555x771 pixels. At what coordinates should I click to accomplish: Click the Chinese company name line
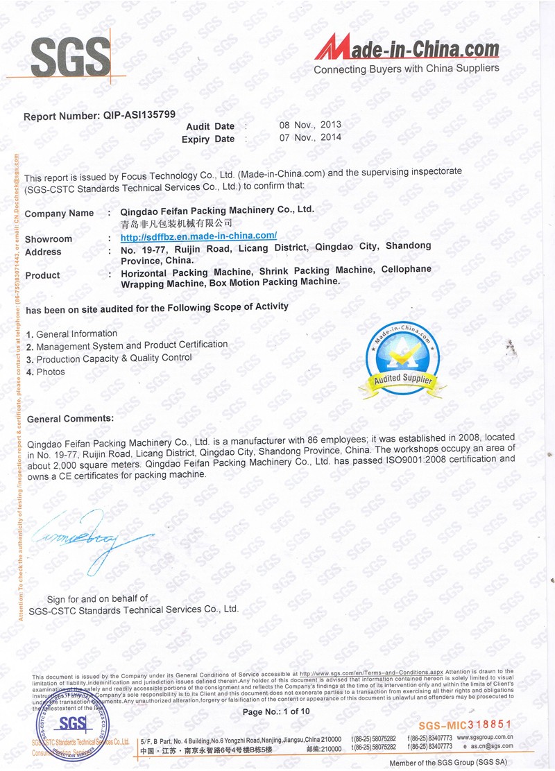176,223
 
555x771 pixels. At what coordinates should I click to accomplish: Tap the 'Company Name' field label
59,214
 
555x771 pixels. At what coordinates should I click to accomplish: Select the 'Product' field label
42,275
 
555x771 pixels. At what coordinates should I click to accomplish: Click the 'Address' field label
43,252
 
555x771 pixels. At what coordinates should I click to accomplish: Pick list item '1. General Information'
71,334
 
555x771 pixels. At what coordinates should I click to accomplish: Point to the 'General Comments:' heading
70,419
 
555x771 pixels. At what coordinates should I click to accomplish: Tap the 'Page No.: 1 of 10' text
277,711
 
